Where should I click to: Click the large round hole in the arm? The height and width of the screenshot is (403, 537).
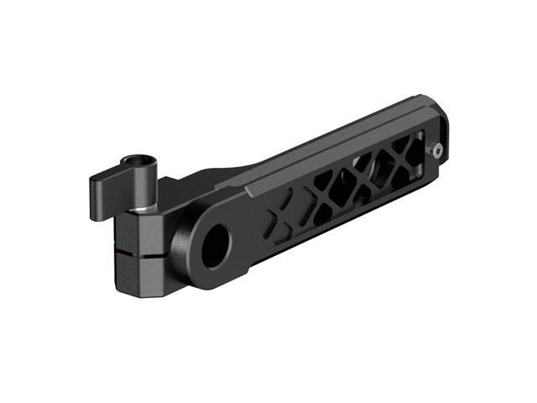click(215, 244)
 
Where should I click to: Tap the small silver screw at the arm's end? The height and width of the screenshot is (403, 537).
click(436, 149)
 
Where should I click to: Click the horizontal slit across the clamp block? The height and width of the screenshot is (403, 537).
click(138, 249)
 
